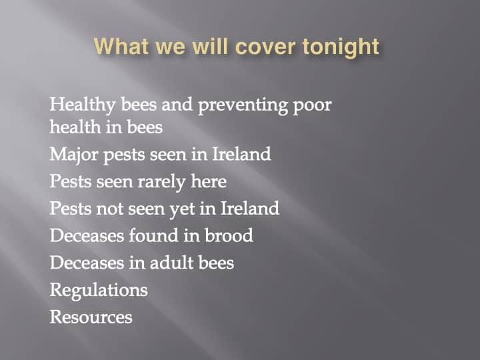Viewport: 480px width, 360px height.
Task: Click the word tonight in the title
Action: [341, 47]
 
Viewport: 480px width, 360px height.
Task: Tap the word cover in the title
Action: [265, 47]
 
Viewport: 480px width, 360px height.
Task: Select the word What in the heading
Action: [122, 47]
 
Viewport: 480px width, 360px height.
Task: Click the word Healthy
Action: [83, 105]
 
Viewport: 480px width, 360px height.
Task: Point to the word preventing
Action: [243, 105]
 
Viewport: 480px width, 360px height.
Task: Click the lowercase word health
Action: [75, 127]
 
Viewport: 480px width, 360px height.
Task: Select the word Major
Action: [74, 154]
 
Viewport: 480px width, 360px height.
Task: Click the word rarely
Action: [161, 182]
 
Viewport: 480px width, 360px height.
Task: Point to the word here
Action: [209, 181]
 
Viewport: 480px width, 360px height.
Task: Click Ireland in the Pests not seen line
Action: [249, 208]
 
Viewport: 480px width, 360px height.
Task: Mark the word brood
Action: [229, 235]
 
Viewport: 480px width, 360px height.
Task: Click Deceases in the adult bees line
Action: [87, 263]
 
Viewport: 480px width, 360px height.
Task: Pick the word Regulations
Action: [99, 290]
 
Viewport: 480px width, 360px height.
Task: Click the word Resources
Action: [91, 317]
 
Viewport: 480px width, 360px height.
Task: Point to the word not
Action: [109, 209]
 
